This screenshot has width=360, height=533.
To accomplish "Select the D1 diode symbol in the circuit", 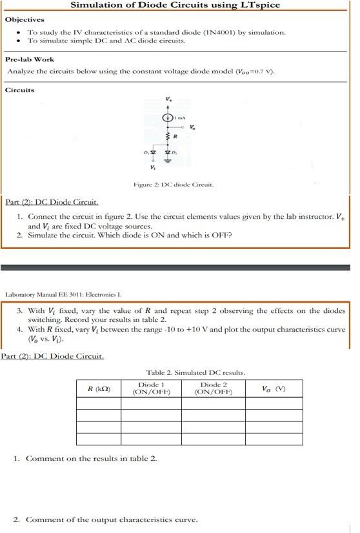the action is pyautogui.click(x=154, y=152).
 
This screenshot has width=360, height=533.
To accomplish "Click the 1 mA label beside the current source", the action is pyautogui.click(x=182, y=118).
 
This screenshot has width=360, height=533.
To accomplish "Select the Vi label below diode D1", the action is pyautogui.click(x=152, y=168).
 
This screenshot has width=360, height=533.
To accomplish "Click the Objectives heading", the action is pyautogui.click(x=25, y=19).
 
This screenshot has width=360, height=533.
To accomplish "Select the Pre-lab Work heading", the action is pyautogui.click(x=30, y=59).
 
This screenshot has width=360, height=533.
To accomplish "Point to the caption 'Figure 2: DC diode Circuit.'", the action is pyautogui.click(x=172, y=185).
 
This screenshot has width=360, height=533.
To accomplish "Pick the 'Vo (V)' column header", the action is pyautogui.click(x=273, y=388).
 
